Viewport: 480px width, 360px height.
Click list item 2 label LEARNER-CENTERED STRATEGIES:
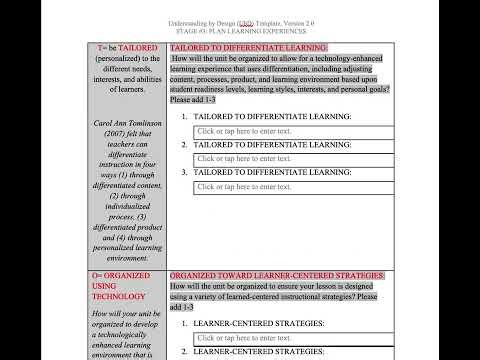[x=259, y=353]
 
